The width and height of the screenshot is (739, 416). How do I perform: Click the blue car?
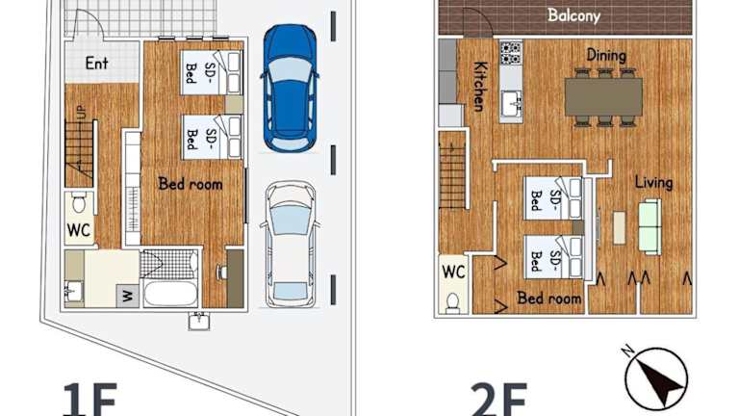(290, 89)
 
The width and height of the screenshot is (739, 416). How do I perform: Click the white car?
(290, 245)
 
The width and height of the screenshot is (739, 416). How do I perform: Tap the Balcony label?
(573, 15)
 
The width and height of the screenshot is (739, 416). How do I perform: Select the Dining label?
(606, 55)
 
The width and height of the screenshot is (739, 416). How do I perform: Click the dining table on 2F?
(603, 97)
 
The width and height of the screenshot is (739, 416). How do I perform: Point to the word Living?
(653, 182)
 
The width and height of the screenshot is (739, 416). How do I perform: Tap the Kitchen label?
(479, 87)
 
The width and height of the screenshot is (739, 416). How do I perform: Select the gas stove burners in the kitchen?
(511, 53)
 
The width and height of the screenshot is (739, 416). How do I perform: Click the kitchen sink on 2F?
(511, 104)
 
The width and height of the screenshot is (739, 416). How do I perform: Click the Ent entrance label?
(96, 63)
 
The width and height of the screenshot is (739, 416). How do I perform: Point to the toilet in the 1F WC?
(79, 203)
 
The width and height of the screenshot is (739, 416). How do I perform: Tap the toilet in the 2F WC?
(453, 302)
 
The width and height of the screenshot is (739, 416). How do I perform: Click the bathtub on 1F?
(170, 294)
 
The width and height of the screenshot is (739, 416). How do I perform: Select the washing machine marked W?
(128, 297)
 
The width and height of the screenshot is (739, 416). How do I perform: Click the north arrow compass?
(656, 378)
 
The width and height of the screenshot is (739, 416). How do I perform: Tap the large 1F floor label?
(90, 399)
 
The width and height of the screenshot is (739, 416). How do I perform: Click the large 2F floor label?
(498, 399)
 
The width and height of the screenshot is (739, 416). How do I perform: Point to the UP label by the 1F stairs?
(82, 113)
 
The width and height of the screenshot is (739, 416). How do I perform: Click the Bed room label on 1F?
(191, 184)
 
